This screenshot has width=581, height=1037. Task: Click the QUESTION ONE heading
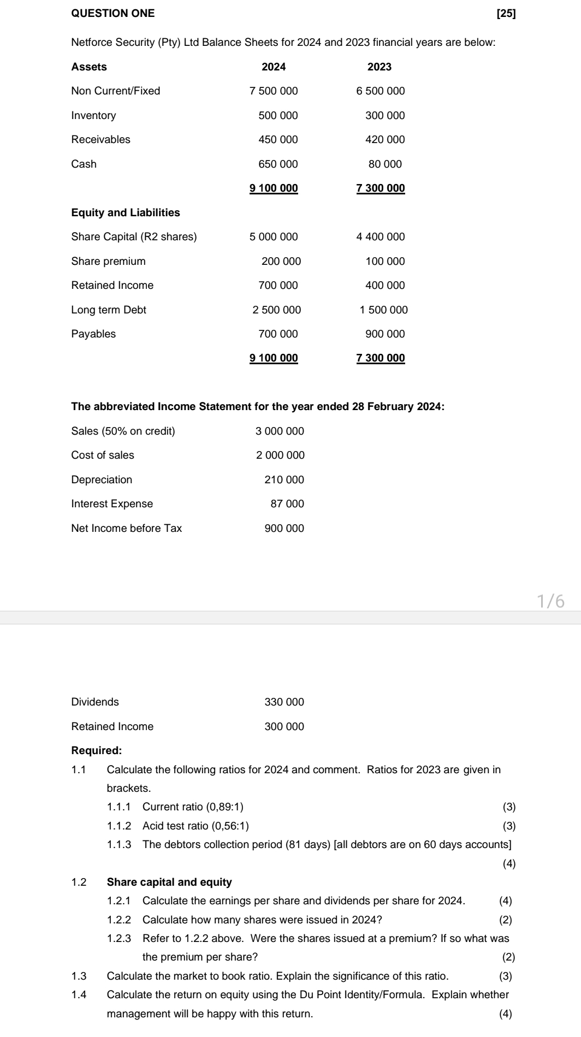(x=113, y=14)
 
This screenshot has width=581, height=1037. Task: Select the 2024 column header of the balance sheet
(x=274, y=67)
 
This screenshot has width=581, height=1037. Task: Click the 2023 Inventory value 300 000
(x=385, y=115)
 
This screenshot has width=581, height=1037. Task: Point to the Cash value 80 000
(x=385, y=164)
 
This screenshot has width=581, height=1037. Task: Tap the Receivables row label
(x=101, y=139)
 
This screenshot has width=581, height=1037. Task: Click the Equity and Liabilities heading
(x=126, y=212)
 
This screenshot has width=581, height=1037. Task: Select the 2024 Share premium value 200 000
(x=281, y=261)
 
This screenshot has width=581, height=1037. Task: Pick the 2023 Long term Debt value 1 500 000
(x=383, y=310)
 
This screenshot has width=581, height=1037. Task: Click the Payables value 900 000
(x=385, y=334)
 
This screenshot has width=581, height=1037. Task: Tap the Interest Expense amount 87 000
(x=287, y=503)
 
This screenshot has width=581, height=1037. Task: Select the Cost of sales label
(x=103, y=455)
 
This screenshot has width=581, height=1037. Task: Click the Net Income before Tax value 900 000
(x=284, y=528)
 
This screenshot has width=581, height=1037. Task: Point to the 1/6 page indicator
(x=550, y=601)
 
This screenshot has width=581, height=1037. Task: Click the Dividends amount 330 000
(x=284, y=702)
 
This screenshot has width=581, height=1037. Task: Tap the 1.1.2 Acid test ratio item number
(x=119, y=826)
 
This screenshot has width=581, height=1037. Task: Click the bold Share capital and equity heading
(x=169, y=882)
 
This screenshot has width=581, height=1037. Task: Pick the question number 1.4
(x=79, y=994)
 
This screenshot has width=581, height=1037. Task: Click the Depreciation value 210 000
(x=284, y=479)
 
